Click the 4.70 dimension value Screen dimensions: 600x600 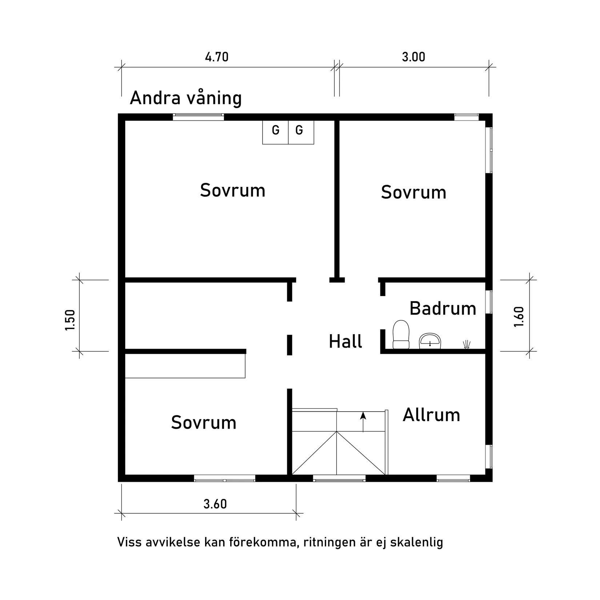(217, 57)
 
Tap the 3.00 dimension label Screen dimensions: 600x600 (413, 57)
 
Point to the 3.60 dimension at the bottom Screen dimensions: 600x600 (215, 504)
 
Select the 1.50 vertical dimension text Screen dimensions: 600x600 (70, 320)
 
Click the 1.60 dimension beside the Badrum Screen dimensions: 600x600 (519, 317)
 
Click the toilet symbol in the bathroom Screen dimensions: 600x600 (401, 334)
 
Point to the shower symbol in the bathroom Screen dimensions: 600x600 (467, 344)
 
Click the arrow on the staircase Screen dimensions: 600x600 (363, 421)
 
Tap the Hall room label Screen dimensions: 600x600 (345, 342)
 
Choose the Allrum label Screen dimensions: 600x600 (431, 415)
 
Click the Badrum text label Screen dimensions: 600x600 (443, 309)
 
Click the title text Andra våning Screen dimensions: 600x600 (185, 98)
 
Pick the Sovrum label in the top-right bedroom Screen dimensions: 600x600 (413, 192)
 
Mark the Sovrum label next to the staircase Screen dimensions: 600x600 (204, 423)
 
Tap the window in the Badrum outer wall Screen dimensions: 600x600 (489, 302)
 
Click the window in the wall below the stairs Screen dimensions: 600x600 (339, 478)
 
